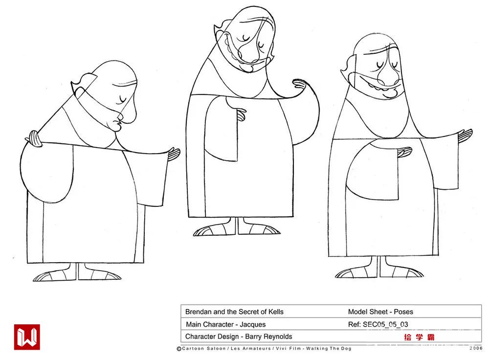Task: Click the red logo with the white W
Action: coord(27,337)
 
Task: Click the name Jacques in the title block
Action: coord(253,324)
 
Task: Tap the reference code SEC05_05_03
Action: coord(385,324)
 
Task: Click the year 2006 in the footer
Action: coord(476,348)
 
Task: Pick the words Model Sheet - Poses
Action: coord(380,312)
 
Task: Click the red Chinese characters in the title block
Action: coord(419,337)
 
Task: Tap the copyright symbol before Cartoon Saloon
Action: coord(179,349)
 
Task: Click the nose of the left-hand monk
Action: coord(130,114)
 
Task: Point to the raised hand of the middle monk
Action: coord(300,84)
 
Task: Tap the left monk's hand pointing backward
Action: coord(34,138)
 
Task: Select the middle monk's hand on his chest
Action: coord(241,114)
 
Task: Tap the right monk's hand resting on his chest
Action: coord(404,152)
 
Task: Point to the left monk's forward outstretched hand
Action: coord(174,154)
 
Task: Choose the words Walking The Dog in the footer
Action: coord(329,348)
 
